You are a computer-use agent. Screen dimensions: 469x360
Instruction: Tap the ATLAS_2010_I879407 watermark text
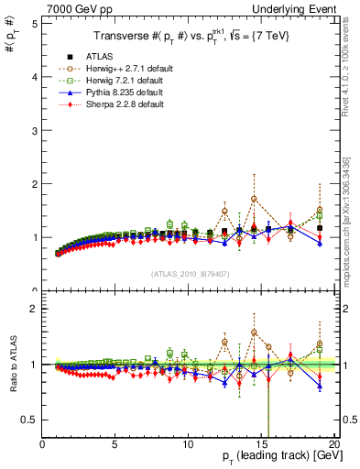pyautogui.click(x=190, y=273)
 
